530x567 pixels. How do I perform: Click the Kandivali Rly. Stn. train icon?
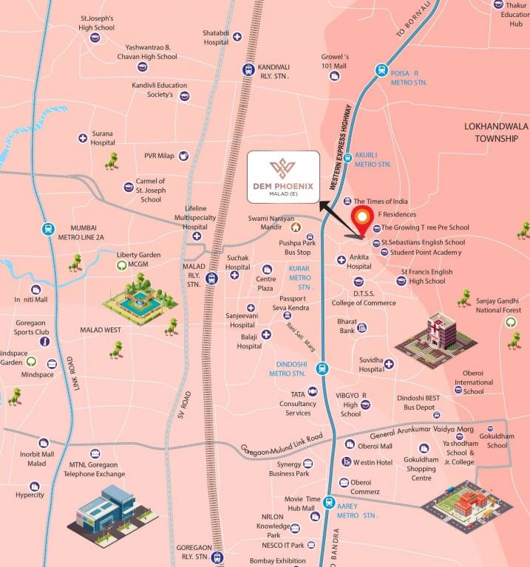coord(248,69)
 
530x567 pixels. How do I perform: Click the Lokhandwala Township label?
coord(496,132)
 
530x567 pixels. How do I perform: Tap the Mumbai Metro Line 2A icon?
coord(49,229)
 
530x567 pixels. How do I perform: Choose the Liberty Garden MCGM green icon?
coord(120,265)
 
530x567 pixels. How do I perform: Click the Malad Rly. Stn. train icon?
coord(212,278)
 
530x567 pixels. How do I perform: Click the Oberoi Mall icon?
coord(350,444)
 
